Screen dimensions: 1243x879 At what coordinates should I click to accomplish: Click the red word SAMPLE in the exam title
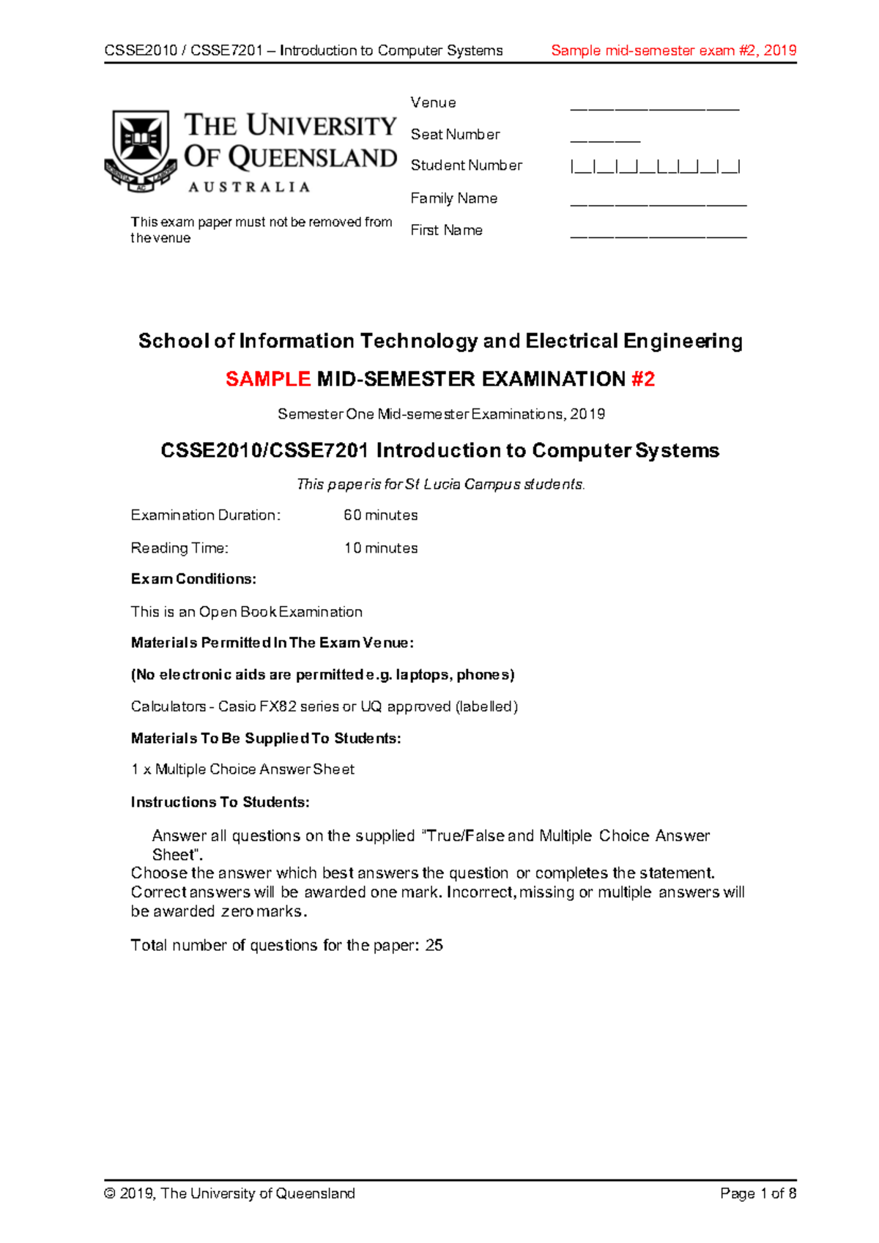pos(268,379)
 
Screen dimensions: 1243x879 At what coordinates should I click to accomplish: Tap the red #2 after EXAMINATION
pos(642,379)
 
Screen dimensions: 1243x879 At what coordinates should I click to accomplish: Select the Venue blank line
pos(654,109)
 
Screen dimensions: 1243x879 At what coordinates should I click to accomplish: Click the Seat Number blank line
pos(605,140)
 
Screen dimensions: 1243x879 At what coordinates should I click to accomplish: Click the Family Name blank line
pos(658,204)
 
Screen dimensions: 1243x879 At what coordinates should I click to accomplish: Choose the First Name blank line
pos(658,236)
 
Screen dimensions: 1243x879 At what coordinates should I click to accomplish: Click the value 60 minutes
pos(380,515)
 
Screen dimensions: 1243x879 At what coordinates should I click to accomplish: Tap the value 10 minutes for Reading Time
pos(380,548)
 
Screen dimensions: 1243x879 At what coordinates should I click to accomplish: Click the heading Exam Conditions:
pos(193,579)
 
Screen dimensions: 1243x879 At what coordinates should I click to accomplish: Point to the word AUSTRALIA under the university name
pos(249,187)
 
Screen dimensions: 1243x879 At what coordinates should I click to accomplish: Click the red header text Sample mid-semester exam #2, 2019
pos(673,51)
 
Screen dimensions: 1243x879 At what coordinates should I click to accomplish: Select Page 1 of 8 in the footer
pos(757,1194)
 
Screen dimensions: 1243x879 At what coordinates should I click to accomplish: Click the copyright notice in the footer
pos(230,1194)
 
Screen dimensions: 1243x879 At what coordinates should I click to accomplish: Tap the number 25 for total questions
pos(434,946)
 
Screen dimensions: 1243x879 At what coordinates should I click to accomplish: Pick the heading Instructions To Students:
pos(220,802)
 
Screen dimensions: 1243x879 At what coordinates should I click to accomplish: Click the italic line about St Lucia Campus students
pos(440,485)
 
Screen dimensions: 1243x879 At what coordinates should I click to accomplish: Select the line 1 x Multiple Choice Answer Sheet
pos(242,769)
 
